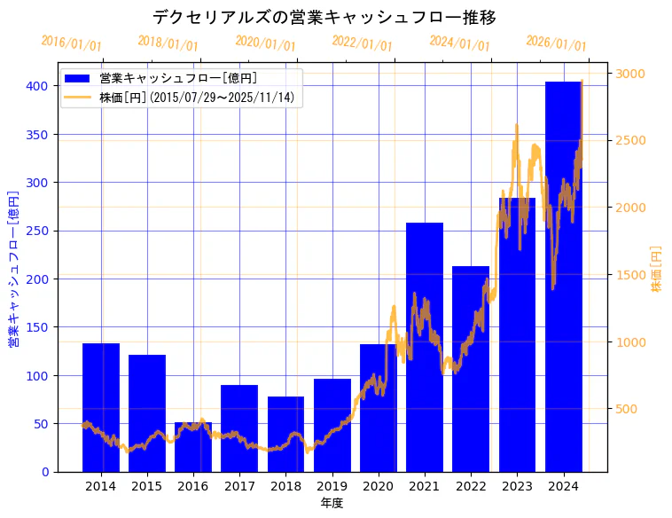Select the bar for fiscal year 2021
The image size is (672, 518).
point(425,347)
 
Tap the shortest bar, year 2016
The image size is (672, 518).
point(193,447)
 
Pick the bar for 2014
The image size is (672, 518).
point(101,407)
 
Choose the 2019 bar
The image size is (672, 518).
point(332,425)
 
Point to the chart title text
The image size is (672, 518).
point(324,17)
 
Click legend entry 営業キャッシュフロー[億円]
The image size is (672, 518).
point(178,78)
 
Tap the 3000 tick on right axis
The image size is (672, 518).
point(631,74)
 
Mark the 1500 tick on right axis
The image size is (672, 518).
point(631,275)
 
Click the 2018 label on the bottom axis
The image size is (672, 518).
point(285,485)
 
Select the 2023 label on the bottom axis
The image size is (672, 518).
point(517,485)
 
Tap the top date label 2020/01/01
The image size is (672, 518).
point(265,43)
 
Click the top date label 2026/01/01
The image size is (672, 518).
point(556,43)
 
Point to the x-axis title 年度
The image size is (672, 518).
point(332,503)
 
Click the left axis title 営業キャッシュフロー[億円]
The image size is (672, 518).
point(13,268)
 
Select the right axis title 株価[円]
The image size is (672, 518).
point(657,269)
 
